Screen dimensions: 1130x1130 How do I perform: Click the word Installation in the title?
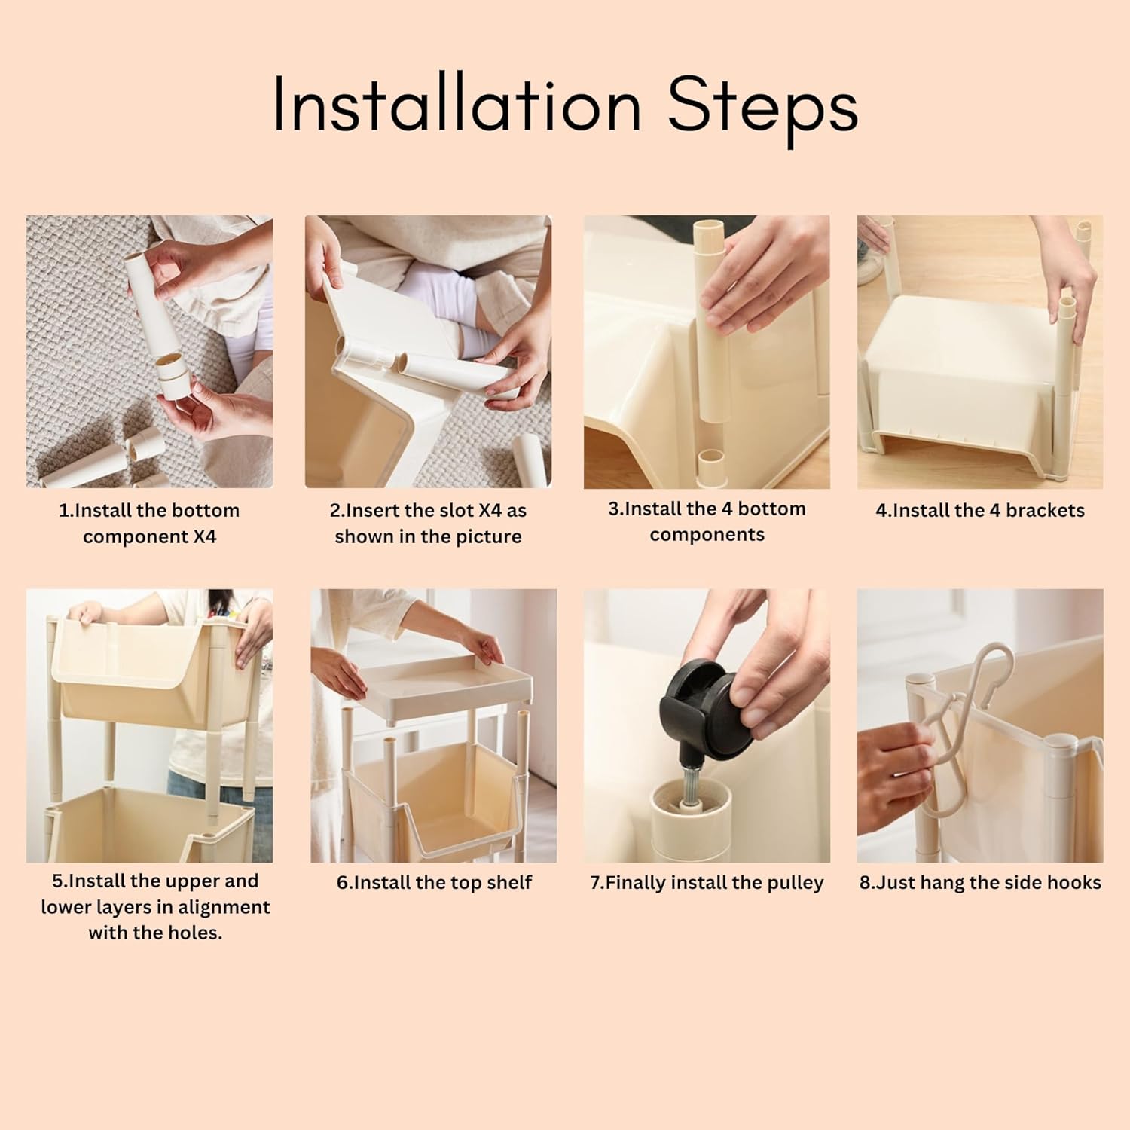tap(457, 105)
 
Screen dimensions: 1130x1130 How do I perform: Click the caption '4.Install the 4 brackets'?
tap(980, 510)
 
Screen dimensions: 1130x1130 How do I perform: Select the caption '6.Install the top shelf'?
tap(434, 882)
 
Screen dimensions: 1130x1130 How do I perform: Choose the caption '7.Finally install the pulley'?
tap(707, 883)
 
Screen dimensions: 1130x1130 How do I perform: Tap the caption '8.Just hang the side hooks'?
tap(980, 883)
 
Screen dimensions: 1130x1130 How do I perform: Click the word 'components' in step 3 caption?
tap(707, 535)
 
